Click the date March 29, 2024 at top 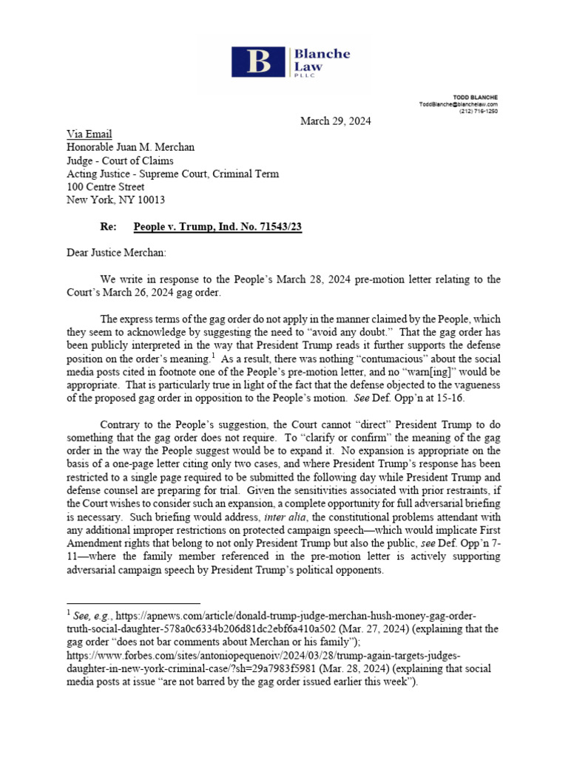[335, 121]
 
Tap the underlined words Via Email [89, 134]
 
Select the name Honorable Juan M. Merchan [131, 147]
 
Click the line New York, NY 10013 [116, 200]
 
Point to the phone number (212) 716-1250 [479, 111]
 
